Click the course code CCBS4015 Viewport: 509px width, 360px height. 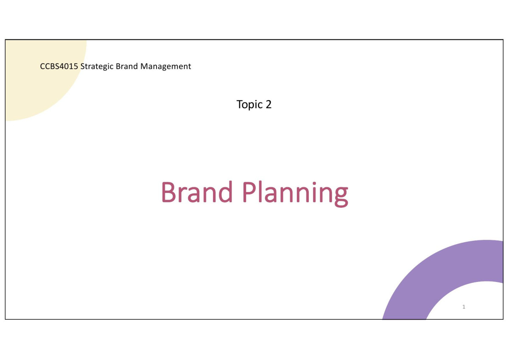coord(59,66)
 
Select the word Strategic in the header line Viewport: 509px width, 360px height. coord(97,67)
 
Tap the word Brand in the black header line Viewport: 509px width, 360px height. coord(127,66)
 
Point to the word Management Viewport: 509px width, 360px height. coord(166,67)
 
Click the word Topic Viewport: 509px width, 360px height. coord(249,105)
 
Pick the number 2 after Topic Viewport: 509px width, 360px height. coord(268,104)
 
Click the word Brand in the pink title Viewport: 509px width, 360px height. coord(197,192)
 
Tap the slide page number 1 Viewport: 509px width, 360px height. coord(464,307)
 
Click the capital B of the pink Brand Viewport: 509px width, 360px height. coord(168,192)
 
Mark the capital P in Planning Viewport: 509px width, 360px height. coord(249,192)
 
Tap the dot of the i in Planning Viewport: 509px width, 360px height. coord(314,183)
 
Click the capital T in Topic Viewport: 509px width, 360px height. coord(240,104)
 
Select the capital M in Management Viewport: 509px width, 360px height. coord(145,66)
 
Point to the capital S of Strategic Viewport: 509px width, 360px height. coord(83,66)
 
